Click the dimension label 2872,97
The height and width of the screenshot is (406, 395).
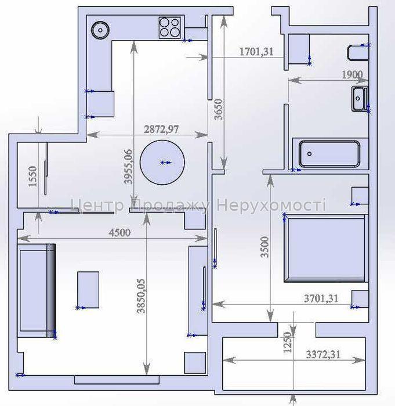pos(161,129)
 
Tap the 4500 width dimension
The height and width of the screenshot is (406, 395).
pos(119,232)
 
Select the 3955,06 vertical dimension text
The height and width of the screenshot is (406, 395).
pos(128,167)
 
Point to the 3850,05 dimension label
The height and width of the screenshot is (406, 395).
pos(141,296)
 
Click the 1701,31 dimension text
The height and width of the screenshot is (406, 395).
pos(256,52)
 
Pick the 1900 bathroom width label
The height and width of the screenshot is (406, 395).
pos(352,75)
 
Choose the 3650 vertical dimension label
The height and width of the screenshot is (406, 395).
pos(219,109)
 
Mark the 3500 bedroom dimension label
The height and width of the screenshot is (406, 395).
pos(264,247)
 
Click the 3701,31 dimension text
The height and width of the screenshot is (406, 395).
pos(321,299)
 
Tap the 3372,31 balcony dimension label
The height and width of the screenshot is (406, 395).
pos(323,354)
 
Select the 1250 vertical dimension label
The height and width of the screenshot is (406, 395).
pos(288,342)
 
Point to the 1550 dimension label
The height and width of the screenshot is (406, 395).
pos(33,177)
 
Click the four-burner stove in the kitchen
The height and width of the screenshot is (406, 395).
pos(169,27)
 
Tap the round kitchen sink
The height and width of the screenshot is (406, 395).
pos(100,30)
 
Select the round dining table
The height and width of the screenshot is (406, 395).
pos(162,163)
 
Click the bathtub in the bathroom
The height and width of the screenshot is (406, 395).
pos(329,154)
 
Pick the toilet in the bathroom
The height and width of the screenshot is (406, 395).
pos(358,53)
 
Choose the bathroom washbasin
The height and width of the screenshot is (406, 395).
pos(360,99)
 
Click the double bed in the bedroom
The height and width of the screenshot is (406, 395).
pos(326,248)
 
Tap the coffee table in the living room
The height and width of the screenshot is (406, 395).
pos(88,290)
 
